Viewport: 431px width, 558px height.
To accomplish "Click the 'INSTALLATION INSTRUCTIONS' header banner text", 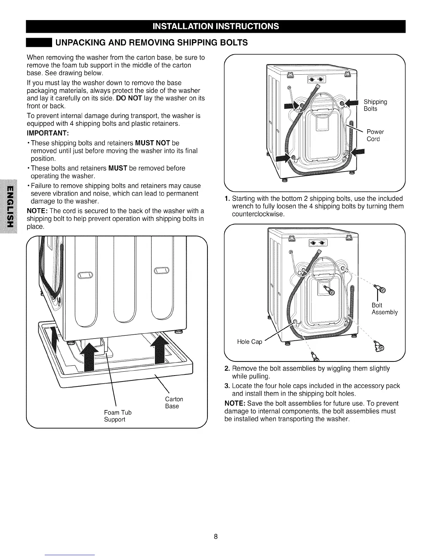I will [215, 26].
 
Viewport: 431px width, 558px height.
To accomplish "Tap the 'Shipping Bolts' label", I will [375, 105].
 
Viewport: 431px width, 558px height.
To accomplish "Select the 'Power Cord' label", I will [375, 135].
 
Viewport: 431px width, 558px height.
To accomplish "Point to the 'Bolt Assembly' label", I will [384, 309].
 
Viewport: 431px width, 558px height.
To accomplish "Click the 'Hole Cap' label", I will [250, 342].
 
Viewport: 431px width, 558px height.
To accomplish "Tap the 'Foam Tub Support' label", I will [118, 416].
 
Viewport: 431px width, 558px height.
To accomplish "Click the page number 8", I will [216, 537].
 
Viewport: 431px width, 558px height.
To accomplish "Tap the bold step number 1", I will [227, 198].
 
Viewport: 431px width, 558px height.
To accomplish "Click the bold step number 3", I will [227, 386].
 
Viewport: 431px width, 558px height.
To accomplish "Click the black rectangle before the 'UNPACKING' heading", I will [39, 43].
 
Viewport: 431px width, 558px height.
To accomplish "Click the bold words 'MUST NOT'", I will [152, 143].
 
